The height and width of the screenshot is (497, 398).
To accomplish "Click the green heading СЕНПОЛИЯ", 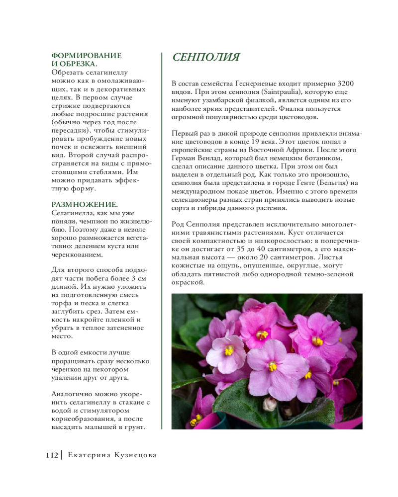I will [x=206, y=58].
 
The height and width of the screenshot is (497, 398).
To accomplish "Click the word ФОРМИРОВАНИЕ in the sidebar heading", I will [x=87, y=55].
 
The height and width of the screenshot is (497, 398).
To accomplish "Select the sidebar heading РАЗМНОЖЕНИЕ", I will [x=84, y=204].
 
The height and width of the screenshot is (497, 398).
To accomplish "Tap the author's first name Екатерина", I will [x=91, y=455].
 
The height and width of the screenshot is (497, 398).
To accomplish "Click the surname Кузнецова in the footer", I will [x=135, y=455].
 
